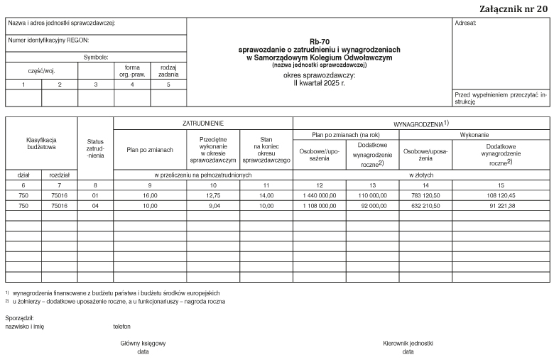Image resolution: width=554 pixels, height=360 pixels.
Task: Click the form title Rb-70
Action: (319, 42)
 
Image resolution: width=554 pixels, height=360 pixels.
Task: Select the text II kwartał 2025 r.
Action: (319, 82)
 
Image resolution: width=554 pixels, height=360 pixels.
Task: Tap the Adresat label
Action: (466, 23)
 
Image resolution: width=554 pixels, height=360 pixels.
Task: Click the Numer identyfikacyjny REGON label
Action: (48, 40)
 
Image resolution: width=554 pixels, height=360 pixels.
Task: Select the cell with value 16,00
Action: (150, 193)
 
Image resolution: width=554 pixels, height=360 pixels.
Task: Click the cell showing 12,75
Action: (212, 193)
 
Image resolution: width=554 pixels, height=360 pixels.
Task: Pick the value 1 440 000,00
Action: (317, 193)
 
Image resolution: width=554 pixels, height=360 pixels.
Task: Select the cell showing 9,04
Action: (212, 205)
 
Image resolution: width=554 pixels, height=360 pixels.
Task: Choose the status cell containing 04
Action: (95, 205)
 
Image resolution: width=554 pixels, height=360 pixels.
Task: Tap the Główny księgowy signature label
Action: (143, 343)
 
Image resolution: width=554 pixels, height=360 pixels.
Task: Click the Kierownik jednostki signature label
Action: (408, 343)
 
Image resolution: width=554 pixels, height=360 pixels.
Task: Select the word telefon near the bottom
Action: (122, 327)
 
